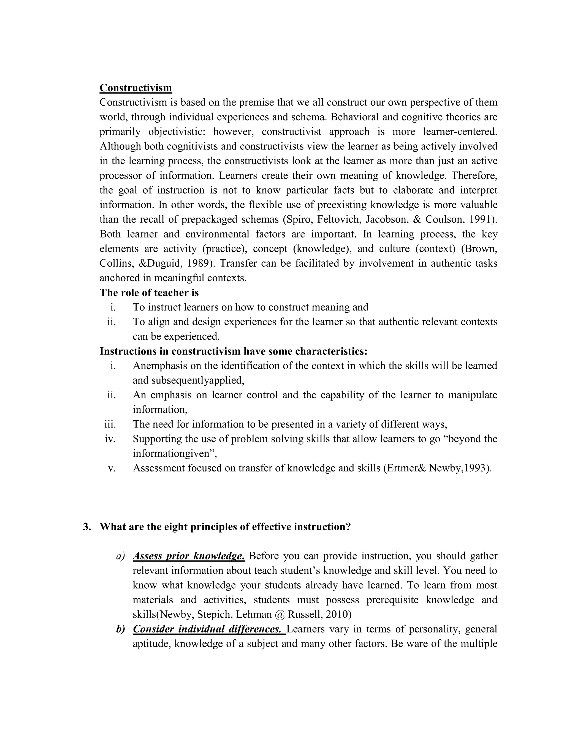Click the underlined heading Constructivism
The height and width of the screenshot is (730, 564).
point(136,88)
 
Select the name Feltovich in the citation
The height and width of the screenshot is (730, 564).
point(338,219)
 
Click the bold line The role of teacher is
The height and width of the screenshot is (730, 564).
point(149,293)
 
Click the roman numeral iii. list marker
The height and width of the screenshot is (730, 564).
point(110,424)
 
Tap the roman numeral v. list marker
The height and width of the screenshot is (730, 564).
point(112,468)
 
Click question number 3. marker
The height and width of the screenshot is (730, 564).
point(87,526)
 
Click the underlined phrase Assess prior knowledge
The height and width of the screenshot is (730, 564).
point(188,556)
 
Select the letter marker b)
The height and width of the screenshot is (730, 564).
point(120,629)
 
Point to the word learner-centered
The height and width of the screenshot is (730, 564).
point(460,132)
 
